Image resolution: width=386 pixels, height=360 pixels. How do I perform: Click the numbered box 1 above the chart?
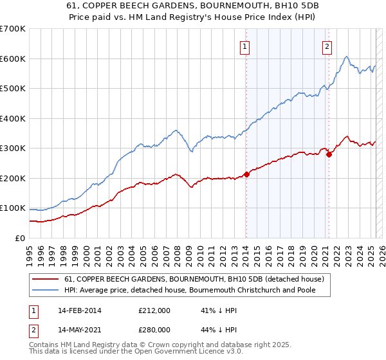246,46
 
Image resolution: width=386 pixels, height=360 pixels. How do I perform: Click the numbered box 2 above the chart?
327,46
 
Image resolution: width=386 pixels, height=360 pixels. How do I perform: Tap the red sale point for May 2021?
329,154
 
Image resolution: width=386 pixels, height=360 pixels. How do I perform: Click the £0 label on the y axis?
19,238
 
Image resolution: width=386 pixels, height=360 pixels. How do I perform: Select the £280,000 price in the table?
154,328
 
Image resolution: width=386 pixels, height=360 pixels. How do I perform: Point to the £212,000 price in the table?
154,310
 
